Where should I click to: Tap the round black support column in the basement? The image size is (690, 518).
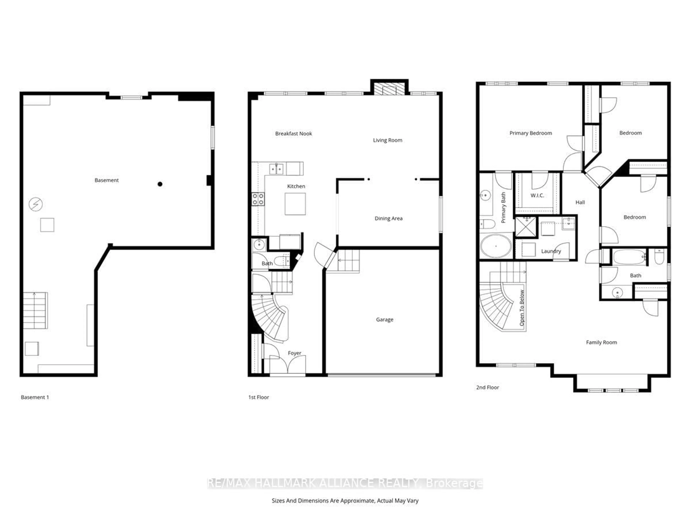tap(160, 184)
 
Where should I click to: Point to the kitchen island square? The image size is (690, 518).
tap(295, 204)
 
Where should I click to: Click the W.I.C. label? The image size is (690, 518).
tap(537, 196)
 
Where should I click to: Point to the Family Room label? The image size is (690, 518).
tap(601, 342)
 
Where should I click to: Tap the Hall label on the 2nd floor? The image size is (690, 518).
tap(580, 202)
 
